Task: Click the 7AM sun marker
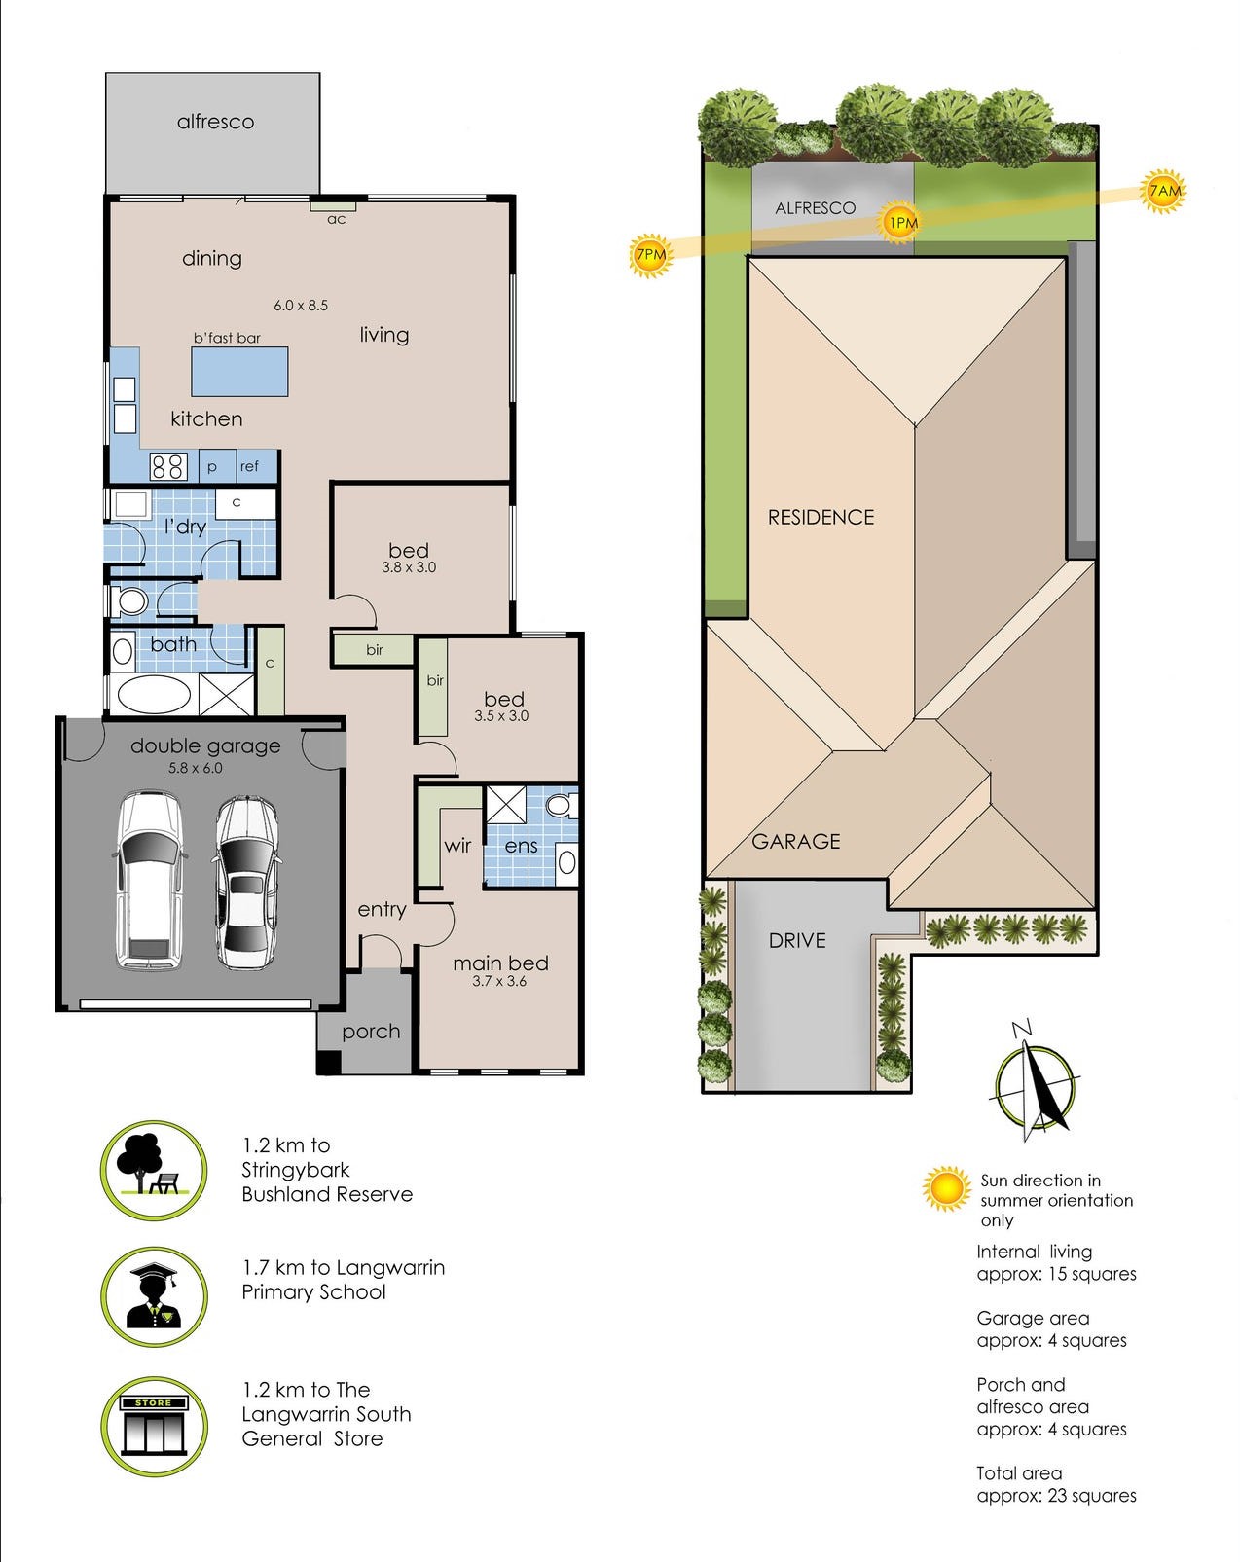click(x=1164, y=191)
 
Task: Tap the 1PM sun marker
click(x=902, y=223)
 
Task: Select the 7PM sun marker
click(x=650, y=256)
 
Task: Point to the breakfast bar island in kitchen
click(x=239, y=372)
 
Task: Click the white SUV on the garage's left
click(x=149, y=881)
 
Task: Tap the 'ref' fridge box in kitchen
click(x=250, y=466)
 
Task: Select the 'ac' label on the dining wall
click(x=336, y=219)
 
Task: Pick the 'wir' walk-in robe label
click(x=457, y=845)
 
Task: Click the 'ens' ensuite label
click(x=521, y=846)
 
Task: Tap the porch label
click(x=371, y=1032)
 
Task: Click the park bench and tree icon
click(x=154, y=1170)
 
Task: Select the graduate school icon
click(x=154, y=1295)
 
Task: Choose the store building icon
click(x=154, y=1426)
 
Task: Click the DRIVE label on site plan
click(x=797, y=940)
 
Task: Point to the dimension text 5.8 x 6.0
click(x=195, y=768)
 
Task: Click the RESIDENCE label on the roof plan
click(x=821, y=517)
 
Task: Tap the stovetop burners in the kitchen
click(x=167, y=467)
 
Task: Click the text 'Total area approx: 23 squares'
click(x=1055, y=1484)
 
